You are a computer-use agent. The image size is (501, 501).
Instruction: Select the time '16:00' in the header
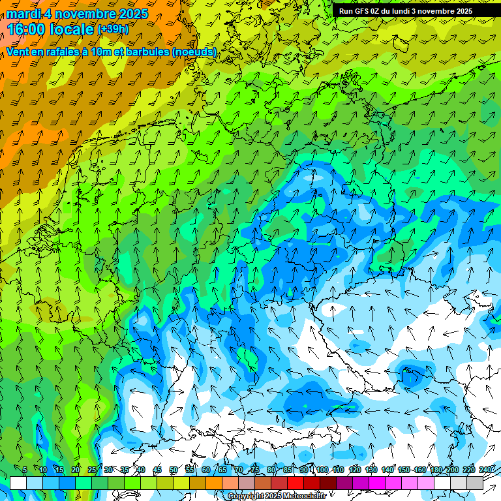click(27, 29)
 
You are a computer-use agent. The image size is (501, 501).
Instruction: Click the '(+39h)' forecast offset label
click(113, 29)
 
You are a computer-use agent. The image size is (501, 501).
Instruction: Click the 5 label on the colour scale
click(25, 470)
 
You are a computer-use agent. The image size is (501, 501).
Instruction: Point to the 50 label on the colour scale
click(174, 470)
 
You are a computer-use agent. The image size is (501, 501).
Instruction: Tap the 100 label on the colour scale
click(322, 470)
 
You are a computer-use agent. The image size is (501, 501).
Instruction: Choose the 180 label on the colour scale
click(436, 470)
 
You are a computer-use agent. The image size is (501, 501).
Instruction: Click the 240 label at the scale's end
click(486, 470)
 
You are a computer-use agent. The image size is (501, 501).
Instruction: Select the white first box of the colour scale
click(18, 483)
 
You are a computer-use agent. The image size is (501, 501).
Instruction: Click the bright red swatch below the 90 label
click(296, 483)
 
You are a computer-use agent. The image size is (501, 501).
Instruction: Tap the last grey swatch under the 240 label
click(475, 483)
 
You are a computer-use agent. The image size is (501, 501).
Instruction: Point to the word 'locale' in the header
click(70, 29)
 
